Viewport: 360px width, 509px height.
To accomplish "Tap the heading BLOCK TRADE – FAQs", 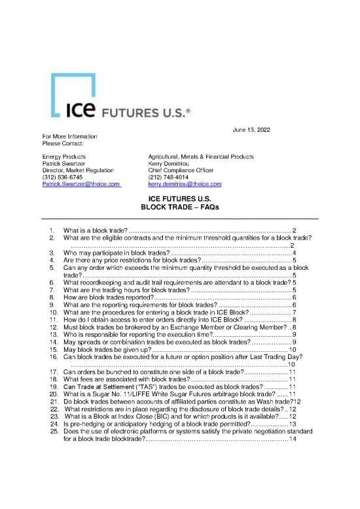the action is (x=179, y=207).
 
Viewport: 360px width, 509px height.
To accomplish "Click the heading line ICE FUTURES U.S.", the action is (x=179, y=199).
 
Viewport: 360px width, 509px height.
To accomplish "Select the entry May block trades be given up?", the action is (x=107, y=351).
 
